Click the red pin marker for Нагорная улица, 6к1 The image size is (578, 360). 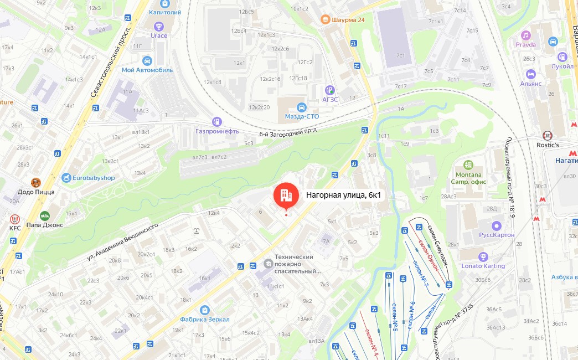point(286,194)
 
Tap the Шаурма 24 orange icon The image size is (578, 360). point(327,20)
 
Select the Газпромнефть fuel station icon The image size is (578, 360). point(217,121)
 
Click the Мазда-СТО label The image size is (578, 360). point(302,116)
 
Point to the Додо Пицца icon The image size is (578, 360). point(36,182)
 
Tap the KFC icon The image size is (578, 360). point(15,218)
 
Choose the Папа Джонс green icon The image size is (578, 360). point(45,215)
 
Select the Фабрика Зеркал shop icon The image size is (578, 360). point(205,310)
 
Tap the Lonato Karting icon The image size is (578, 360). point(483,256)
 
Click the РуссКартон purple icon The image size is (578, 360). point(497,225)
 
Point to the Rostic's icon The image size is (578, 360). point(548,135)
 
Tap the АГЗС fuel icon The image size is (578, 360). point(330,89)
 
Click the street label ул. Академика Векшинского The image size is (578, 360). point(122,242)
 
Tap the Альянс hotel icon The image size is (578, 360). point(531,74)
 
